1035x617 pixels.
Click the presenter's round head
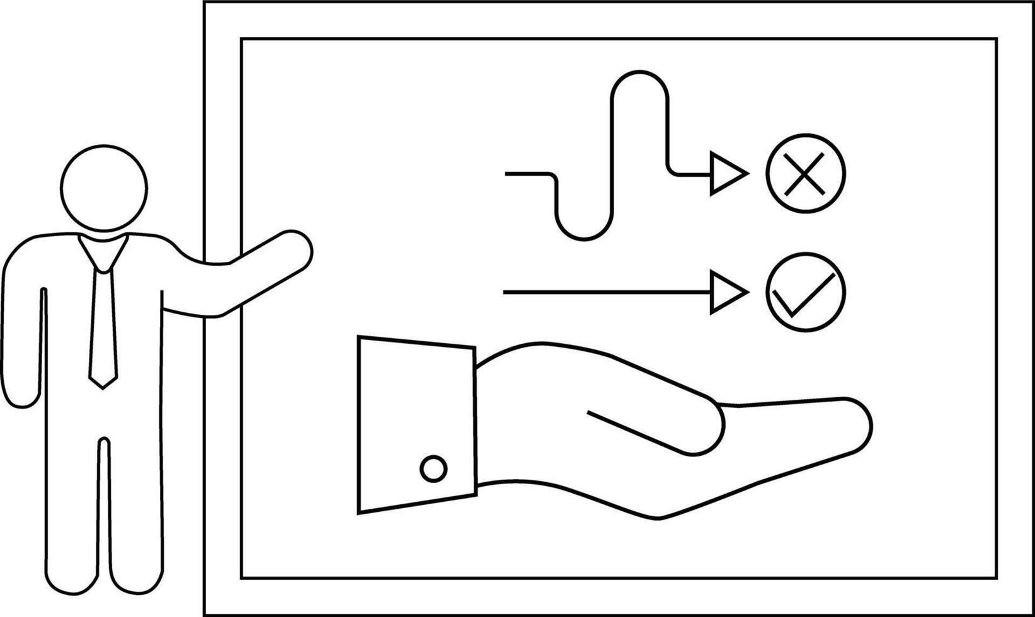click(x=105, y=188)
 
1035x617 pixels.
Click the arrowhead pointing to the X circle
click(x=726, y=173)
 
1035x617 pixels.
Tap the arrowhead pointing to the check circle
click(x=726, y=292)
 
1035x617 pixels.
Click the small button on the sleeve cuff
click(x=433, y=469)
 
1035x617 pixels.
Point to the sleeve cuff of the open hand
click(x=416, y=425)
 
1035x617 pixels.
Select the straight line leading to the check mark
click(x=605, y=292)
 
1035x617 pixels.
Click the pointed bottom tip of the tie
click(x=103, y=383)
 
